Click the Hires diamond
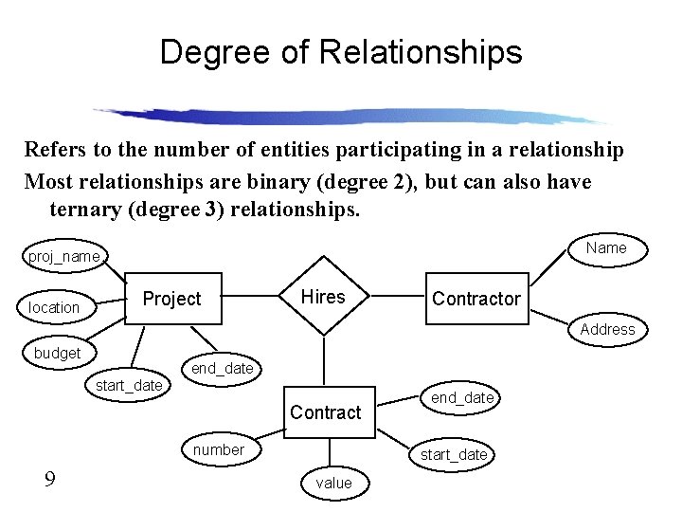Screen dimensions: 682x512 [323, 297]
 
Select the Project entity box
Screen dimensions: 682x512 [171, 299]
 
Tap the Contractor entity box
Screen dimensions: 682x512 [476, 299]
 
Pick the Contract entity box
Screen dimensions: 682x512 [325, 412]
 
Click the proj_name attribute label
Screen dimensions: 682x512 [64, 256]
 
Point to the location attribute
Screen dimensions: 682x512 [54, 307]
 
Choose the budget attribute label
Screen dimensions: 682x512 [57, 353]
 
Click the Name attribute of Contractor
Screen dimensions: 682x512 [606, 247]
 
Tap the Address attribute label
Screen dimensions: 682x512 [607, 329]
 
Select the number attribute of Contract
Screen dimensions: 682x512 [218, 449]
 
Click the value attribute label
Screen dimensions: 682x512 [333, 483]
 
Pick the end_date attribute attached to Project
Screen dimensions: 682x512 [223, 368]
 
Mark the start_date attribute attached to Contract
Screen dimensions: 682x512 [454, 454]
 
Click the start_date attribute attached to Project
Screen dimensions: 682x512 [129, 385]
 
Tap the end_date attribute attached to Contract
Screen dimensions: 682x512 [462, 397]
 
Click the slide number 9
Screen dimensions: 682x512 [49, 480]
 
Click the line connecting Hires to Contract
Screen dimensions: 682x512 [325, 360]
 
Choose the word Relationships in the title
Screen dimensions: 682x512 [420, 52]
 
